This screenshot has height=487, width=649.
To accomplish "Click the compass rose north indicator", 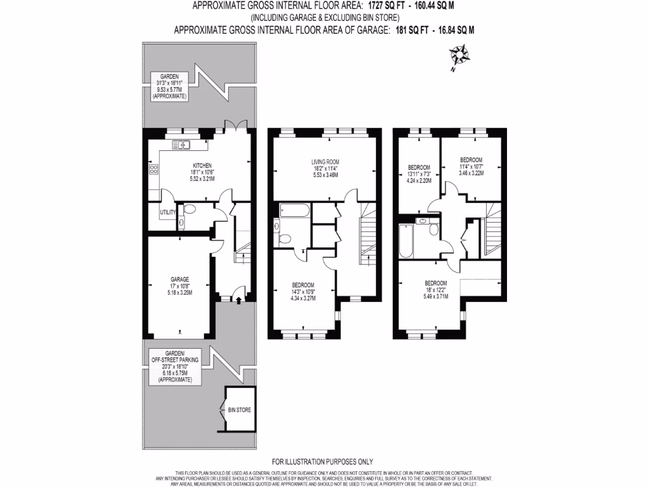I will (x=462, y=57).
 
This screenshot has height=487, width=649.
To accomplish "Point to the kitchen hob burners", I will (x=153, y=169).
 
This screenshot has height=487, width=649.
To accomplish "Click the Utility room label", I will (x=167, y=212).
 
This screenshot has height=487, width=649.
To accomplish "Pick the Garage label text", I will (x=179, y=279).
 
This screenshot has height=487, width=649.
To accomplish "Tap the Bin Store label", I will (x=240, y=410).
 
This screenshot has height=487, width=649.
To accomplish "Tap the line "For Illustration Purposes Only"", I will (x=323, y=462).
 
